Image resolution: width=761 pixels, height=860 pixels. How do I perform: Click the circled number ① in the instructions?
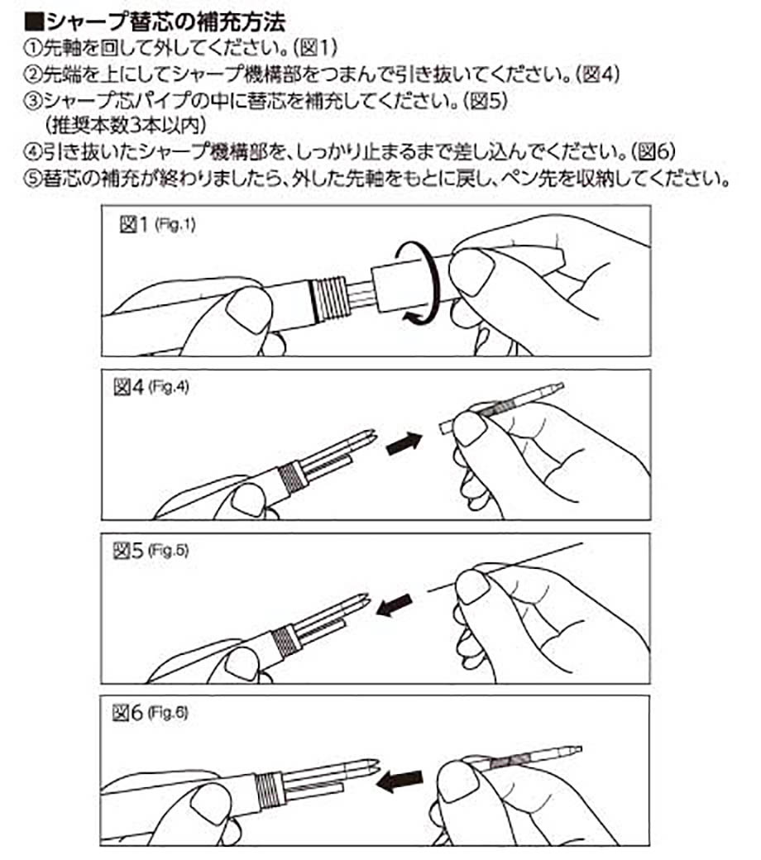[31, 46]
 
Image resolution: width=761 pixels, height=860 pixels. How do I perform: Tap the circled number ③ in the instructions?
[31, 103]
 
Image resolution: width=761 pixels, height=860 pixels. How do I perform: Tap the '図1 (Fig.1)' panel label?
[158, 226]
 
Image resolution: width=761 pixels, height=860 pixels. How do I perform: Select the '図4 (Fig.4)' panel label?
[151, 388]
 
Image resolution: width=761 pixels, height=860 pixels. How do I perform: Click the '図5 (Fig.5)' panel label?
[151, 551]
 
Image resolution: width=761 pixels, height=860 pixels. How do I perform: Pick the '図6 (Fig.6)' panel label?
[151, 714]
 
